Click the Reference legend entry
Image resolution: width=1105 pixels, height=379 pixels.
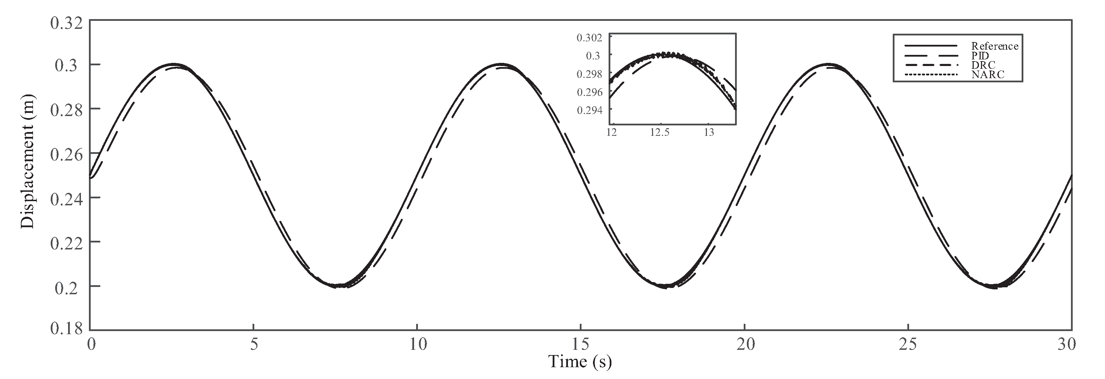[994, 46]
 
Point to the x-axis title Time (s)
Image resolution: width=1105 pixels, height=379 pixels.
[580, 361]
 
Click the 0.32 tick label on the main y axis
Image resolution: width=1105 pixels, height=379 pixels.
[66, 22]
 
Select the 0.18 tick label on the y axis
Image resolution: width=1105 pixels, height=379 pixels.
[66, 329]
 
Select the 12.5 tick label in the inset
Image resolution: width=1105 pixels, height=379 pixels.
[659, 132]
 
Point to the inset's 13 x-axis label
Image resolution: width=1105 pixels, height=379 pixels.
[709, 132]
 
